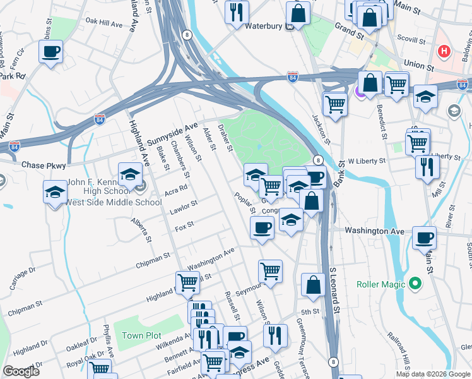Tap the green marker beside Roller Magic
415,284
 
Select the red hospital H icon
444,51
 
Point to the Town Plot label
142,335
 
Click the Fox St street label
184,226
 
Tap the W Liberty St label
367,162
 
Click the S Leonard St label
335,291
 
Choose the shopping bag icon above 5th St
313,285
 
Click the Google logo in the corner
21,371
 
